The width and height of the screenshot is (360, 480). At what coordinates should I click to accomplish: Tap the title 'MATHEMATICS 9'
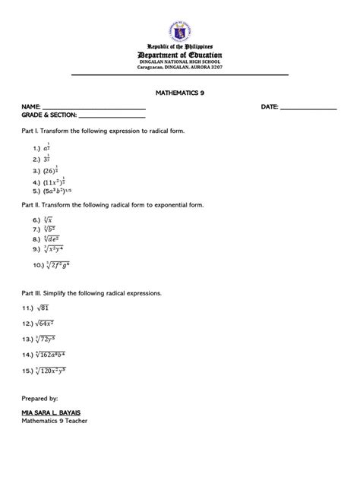point(179,90)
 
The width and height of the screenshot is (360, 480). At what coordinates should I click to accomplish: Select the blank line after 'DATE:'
point(308,108)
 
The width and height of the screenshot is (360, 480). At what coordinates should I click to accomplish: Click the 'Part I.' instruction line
point(103,131)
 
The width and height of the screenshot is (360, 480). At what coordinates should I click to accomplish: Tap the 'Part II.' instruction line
point(112,205)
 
